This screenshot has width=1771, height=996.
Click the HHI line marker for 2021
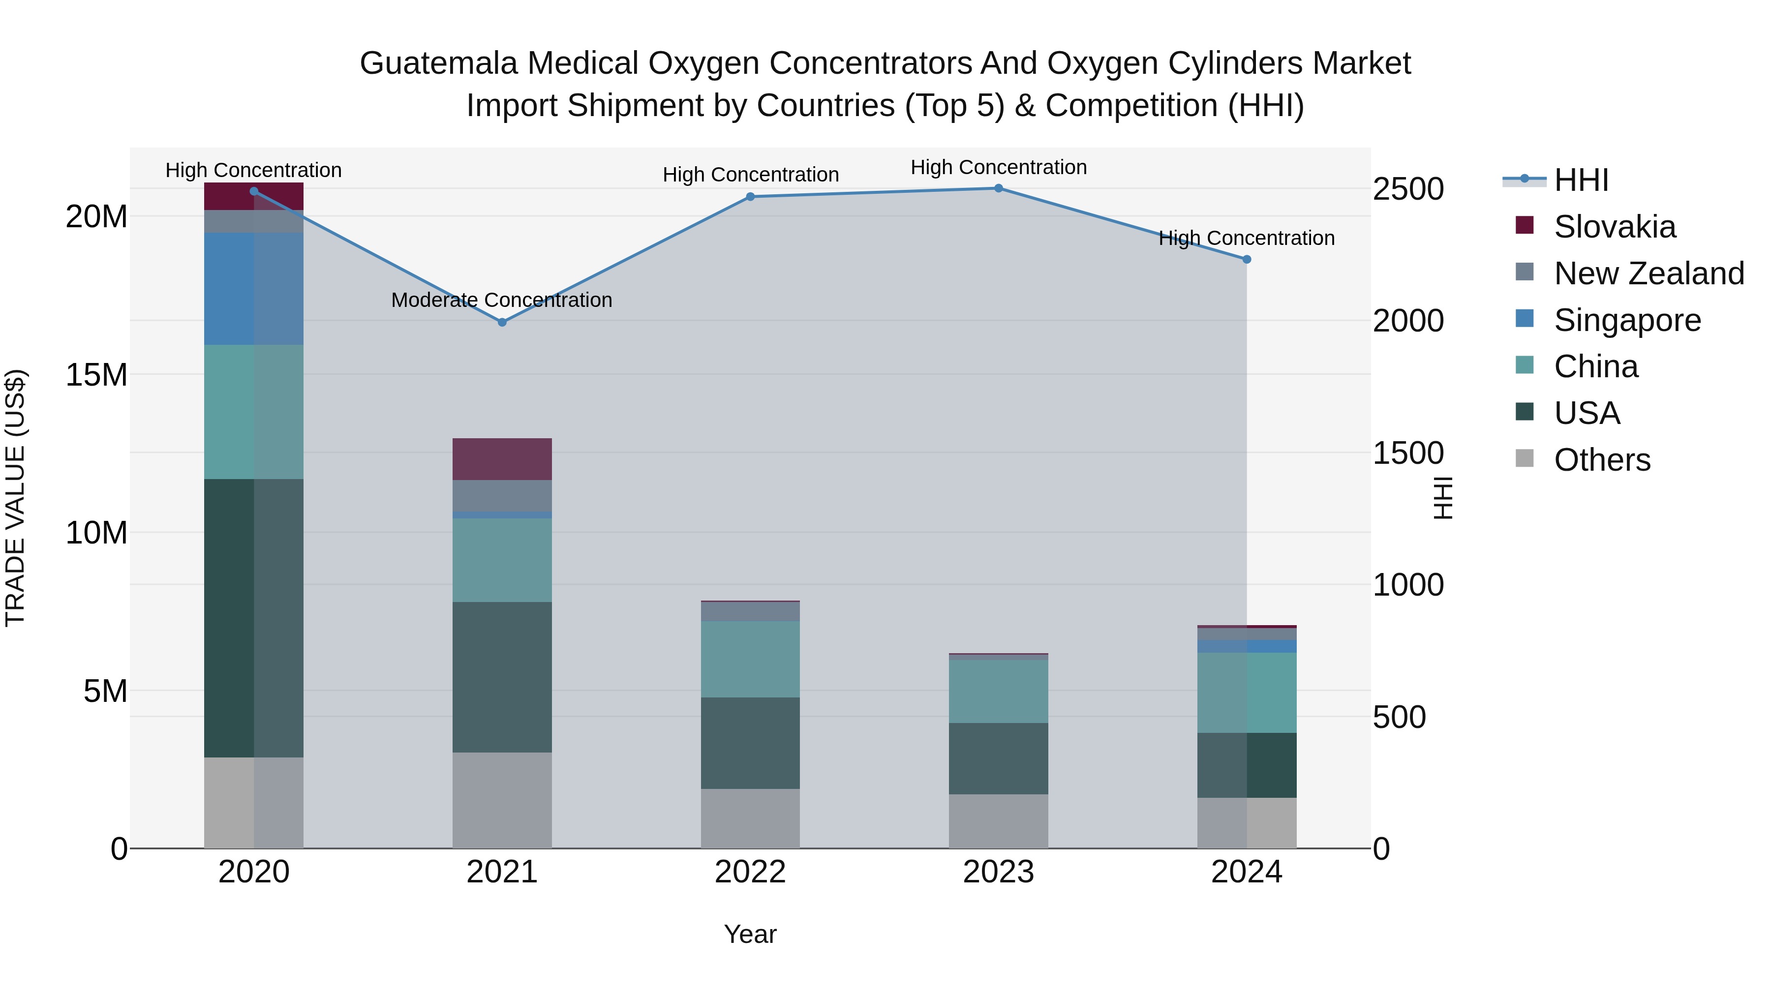[x=502, y=322]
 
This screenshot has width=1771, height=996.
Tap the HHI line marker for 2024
[x=1247, y=259]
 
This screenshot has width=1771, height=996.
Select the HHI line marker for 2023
[x=998, y=188]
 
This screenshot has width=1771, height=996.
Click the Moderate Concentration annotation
[x=501, y=301]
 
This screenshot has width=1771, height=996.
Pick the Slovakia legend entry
[x=1614, y=227]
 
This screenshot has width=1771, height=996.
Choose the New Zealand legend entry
[x=1649, y=273]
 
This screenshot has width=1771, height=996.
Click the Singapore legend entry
[x=1627, y=320]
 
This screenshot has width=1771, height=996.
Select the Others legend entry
[x=1602, y=460]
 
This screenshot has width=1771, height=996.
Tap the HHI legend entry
[x=1581, y=180]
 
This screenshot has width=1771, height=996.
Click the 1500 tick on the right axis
[x=1408, y=453]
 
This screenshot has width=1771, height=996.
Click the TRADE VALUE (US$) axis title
[x=15, y=498]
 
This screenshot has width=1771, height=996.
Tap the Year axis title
[x=750, y=934]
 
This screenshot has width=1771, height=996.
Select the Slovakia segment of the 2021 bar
[x=502, y=459]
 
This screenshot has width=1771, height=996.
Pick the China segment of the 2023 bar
[x=998, y=691]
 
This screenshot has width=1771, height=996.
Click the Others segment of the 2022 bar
[x=750, y=818]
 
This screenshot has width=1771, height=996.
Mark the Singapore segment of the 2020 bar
[x=254, y=289]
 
